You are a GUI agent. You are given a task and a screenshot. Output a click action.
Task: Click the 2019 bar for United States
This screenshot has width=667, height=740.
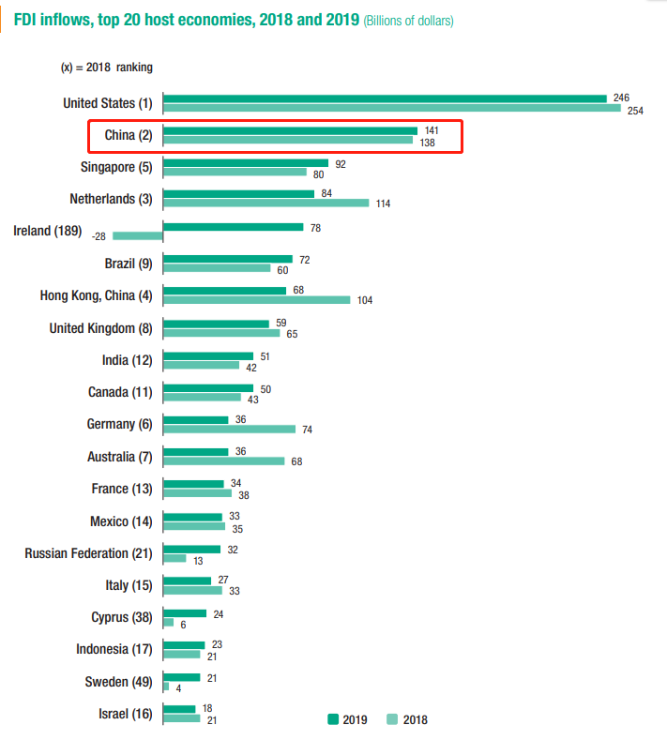coord(385,98)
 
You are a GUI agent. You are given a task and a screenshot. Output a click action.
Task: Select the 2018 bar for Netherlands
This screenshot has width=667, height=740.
coord(266,203)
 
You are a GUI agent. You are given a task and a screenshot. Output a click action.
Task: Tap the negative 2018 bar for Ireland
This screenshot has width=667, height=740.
coord(137,235)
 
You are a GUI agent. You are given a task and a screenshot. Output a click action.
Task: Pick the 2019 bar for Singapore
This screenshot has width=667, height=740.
coord(246,163)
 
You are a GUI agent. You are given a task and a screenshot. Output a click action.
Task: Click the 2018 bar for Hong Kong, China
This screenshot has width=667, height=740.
coord(257,300)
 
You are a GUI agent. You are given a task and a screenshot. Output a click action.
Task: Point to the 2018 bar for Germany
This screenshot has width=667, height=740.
coord(230,429)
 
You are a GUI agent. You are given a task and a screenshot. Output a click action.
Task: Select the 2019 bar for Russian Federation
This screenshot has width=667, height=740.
coord(192,549)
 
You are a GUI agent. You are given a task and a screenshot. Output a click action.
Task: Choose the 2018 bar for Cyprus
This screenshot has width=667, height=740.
coord(169,623)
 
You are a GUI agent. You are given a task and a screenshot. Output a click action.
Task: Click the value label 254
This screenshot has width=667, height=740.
coord(635,110)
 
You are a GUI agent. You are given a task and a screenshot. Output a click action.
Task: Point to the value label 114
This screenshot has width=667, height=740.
coord(384,204)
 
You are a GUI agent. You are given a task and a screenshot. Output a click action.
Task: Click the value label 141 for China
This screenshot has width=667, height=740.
coord(432,131)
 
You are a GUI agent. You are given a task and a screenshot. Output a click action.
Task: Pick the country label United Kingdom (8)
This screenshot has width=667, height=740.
coord(100,328)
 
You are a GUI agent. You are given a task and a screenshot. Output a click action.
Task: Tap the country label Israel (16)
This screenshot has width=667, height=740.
coord(125,714)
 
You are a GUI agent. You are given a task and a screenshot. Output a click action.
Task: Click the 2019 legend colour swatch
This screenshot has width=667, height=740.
coord(333,719)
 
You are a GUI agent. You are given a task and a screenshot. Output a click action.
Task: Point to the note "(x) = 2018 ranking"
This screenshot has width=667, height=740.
coord(106,68)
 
